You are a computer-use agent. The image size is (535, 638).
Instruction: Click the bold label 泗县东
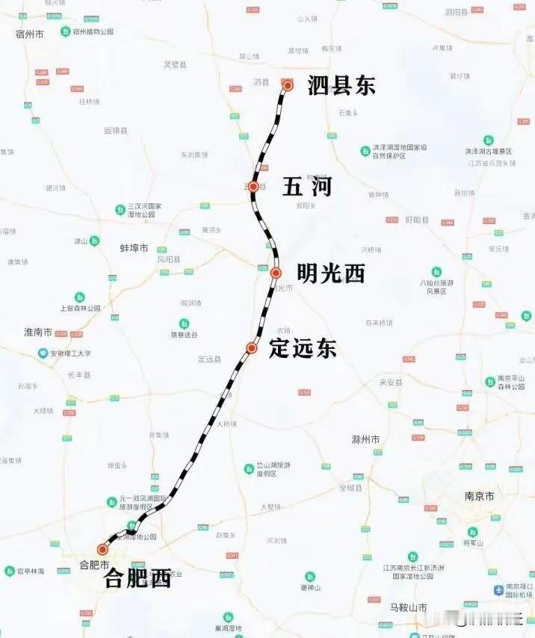341,86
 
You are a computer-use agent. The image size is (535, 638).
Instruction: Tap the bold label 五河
306,187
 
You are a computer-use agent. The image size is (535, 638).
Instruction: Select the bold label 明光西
331,273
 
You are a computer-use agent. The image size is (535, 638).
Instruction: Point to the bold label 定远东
303,348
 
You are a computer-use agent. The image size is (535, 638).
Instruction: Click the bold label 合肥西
138,577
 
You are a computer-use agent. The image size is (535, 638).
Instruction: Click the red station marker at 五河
253,186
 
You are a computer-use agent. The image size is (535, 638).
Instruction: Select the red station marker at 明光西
276,273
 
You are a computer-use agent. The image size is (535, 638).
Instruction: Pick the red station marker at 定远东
252,348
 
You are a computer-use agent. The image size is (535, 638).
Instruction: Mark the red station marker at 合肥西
102,549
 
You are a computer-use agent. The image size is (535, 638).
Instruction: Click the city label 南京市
479,496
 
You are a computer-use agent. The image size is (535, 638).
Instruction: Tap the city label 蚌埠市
134,247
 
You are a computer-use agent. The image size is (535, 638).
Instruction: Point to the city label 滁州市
366,439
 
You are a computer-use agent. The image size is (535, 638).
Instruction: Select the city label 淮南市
37,332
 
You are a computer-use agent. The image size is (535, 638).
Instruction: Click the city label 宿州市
30,34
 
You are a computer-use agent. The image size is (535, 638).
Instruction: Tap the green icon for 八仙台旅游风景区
436,272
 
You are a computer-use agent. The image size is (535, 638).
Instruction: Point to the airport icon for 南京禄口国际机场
498,591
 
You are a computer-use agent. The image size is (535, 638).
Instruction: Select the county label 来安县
391,382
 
